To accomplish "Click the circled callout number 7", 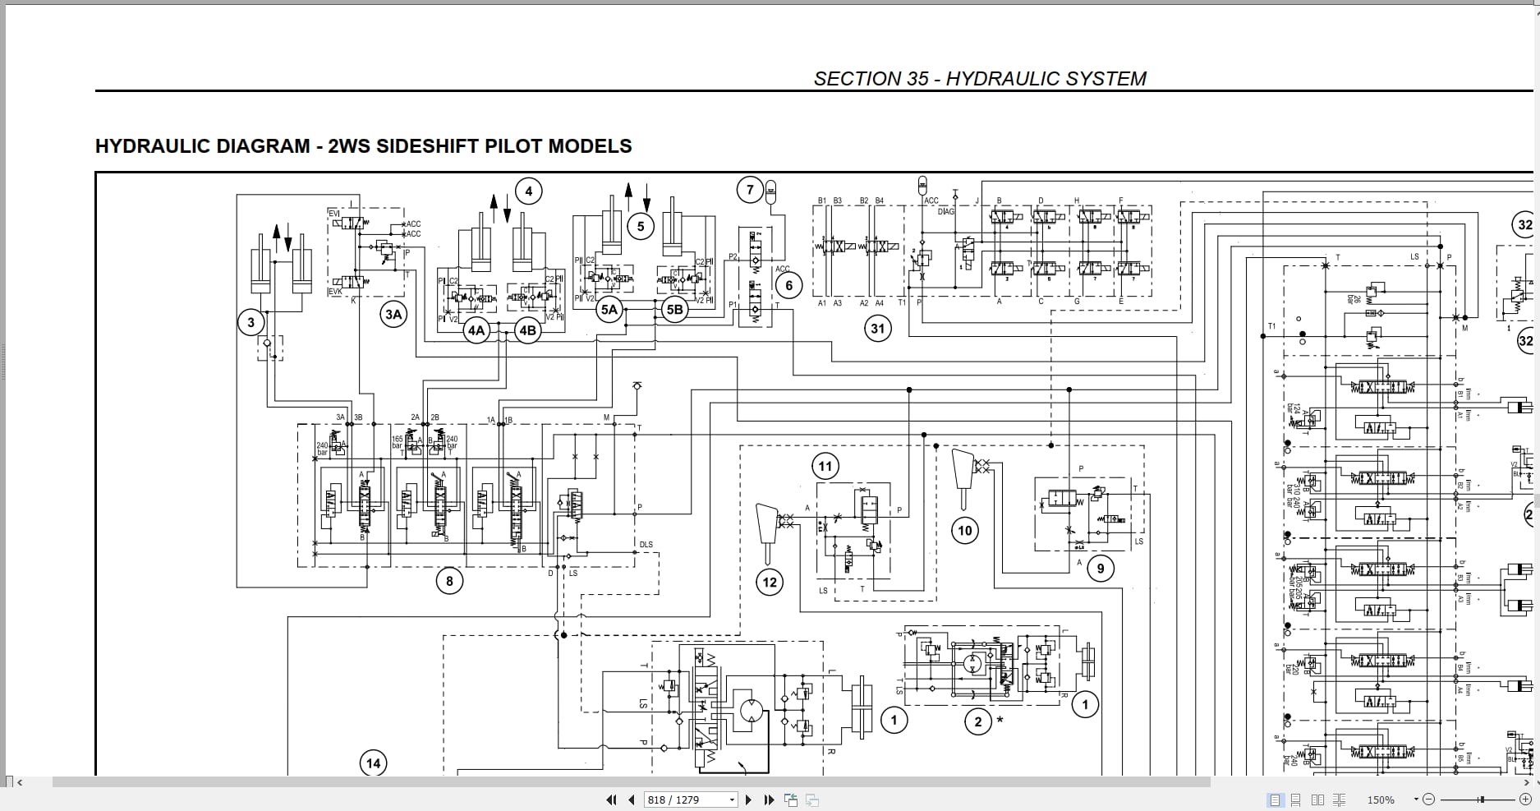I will (750, 191).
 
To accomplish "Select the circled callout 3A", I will (393, 314).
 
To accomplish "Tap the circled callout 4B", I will (527, 330).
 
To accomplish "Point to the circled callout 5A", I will (609, 310).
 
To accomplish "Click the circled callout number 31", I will (878, 329).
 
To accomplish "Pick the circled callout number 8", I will (449, 582).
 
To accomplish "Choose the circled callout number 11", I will (825, 467).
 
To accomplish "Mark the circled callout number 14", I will (374, 763).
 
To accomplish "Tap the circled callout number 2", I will (977, 722).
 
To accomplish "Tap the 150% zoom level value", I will (1381, 799).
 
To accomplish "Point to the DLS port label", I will (646, 545).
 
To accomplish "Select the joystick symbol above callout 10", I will (963, 478).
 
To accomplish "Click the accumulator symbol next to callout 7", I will (770, 191).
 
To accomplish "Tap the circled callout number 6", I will (789, 285).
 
